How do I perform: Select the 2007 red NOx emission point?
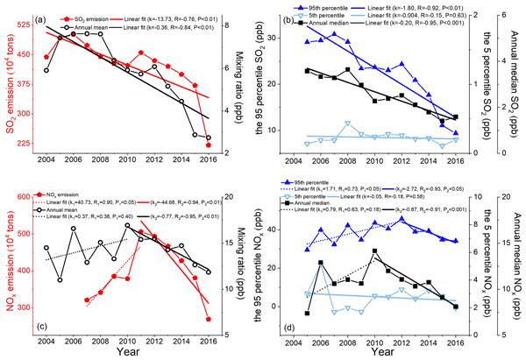[86, 300]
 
